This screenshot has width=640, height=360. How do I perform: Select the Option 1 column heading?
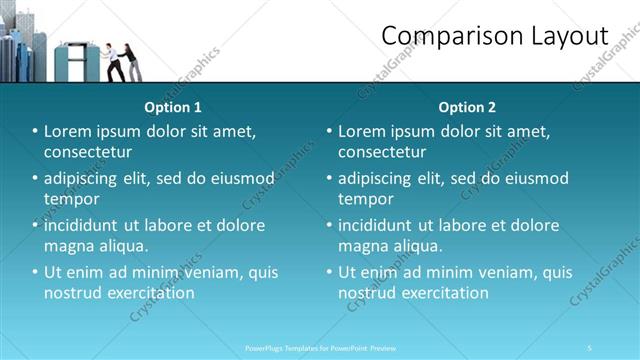click(x=173, y=107)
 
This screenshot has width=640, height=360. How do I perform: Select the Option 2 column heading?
click(x=467, y=107)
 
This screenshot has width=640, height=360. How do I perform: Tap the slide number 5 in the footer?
click(x=590, y=348)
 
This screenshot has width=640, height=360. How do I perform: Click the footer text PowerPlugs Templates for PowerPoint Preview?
click(x=321, y=348)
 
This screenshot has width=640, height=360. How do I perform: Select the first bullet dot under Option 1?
click(x=35, y=132)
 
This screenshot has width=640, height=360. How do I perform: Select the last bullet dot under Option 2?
click(x=329, y=272)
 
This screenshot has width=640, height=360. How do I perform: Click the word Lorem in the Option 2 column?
click(x=362, y=132)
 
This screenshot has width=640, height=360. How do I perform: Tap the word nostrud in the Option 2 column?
click(x=367, y=293)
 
